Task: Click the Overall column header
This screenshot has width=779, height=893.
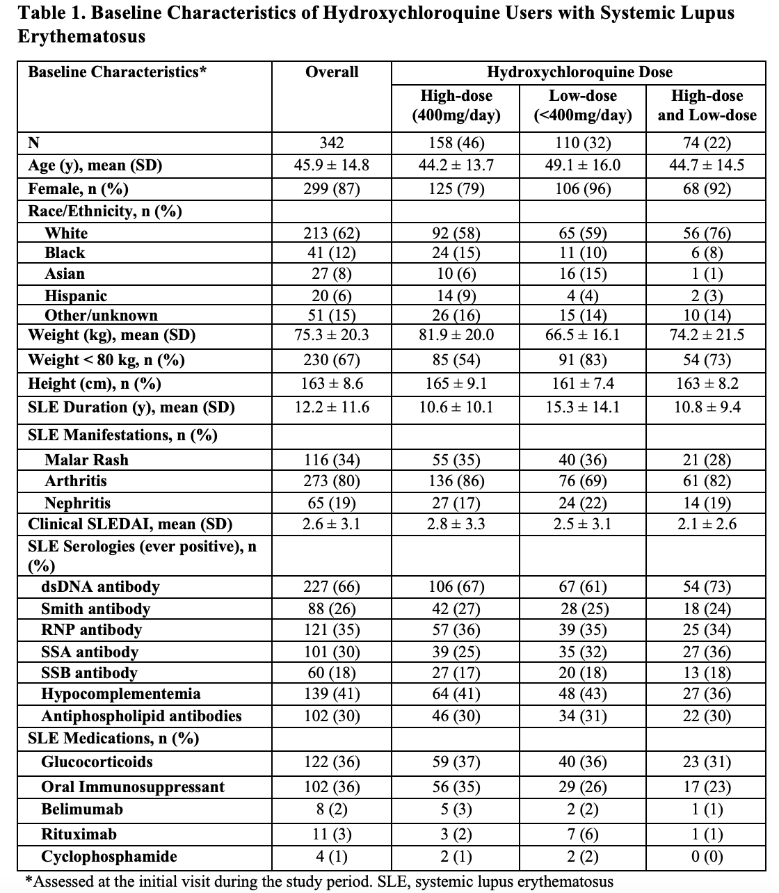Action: (332, 72)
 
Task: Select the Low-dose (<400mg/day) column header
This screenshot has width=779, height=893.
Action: (583, 105)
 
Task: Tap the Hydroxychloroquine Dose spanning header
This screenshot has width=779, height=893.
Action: (579, 72)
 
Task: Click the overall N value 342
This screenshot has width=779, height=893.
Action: (332, 143)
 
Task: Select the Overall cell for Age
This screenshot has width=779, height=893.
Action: (332, 166)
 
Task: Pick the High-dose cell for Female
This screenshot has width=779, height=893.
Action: (456, 189)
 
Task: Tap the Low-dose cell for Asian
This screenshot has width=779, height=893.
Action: (583, 274)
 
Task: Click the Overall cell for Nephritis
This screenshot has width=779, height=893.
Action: (332, 503)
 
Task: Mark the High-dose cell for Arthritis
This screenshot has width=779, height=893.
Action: (456, 481)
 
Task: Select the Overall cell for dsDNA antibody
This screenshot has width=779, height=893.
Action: (332, 587)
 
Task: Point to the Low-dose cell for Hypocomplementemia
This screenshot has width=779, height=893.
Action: (583, 694)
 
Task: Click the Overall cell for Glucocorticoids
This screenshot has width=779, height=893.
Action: (332, 762)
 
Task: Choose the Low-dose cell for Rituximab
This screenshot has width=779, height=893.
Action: (583, 834)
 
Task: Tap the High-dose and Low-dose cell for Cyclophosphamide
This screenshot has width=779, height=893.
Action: (707, 857)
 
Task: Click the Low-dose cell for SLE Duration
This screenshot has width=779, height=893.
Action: (583, 407)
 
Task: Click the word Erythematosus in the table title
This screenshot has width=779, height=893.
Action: (81, 37)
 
